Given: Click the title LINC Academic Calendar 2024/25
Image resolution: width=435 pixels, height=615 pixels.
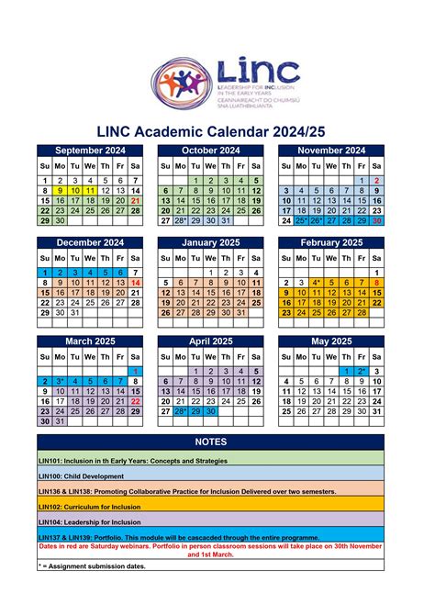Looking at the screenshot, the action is tap(217, 132).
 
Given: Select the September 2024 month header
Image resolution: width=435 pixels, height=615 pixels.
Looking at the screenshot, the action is tap(90, 151).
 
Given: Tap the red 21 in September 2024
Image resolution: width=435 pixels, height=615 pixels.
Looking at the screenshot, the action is tap(136, 200).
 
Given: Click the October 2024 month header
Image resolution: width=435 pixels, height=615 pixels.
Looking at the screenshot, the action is tap(211, 151).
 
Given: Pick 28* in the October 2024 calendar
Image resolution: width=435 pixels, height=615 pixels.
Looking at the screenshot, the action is tap(181, 220).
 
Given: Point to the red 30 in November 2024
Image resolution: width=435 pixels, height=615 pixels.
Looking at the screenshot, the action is tap(377, 220).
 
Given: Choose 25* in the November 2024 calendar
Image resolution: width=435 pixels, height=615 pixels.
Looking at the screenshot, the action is tap(301, 220).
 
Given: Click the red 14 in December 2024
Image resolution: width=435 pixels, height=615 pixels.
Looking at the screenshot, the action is tap(136, 284).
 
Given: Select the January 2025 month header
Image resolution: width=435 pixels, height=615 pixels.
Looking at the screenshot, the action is tap(211, 243).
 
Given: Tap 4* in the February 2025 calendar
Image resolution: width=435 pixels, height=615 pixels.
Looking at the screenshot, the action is tap(317, 284).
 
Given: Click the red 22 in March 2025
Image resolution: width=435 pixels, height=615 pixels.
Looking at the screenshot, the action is tap(136, 401).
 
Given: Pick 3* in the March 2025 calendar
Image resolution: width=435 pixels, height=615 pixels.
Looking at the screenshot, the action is tap(60, 381).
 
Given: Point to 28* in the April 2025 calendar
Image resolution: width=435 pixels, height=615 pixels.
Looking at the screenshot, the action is tap(181, 412).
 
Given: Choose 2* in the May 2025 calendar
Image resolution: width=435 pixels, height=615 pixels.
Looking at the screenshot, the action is tap(362, 371).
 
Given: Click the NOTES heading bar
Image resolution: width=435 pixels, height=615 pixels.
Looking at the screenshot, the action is tap(217, 442).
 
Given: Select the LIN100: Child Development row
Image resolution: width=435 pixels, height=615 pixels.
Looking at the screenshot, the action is tap(217, 475).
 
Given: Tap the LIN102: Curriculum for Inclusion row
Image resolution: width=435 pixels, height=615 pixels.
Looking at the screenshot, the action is tap(217, 506).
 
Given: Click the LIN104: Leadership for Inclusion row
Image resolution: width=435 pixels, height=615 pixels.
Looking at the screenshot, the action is tap(217, 521).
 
